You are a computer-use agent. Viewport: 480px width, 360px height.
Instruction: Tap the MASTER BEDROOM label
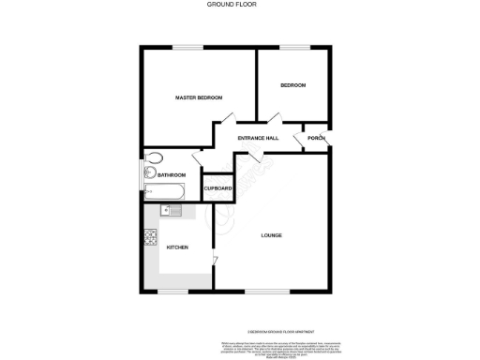click(x=200, y=97)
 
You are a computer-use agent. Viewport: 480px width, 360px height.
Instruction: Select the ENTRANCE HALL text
click(x=258, y=138)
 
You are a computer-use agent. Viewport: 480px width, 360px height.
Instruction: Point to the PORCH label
click(x=315, y=138)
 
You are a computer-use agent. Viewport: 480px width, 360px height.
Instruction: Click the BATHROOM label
click(x=172, y=175)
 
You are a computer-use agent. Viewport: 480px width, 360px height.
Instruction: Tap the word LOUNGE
click(x=272, y=235)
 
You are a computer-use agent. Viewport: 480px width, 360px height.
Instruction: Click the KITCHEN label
click(x=177, y=247)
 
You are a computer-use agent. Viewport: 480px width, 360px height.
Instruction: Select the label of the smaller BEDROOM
click(x=292, y=85)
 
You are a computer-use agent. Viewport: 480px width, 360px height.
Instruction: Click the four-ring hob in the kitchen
click(x=150, y=237)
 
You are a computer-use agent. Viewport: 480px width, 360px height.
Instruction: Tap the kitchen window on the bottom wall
click(x=172, y=291)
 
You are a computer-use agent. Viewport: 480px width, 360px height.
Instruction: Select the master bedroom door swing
click(x=223, y=123)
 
